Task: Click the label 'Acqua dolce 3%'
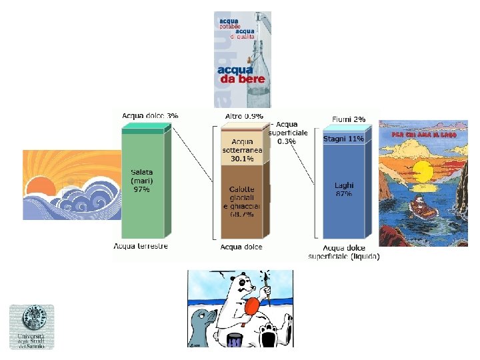(150, 115)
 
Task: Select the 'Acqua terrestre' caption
(141, 246)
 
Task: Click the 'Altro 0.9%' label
(244, 115)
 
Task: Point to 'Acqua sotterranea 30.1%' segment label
(243, 150)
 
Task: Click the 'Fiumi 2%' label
(349, 119)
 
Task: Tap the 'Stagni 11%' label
(343, 139)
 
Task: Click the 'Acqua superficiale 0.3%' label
(288, 133)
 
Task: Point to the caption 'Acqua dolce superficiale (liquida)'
(343, 252)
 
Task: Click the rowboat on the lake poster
(421, 208)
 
